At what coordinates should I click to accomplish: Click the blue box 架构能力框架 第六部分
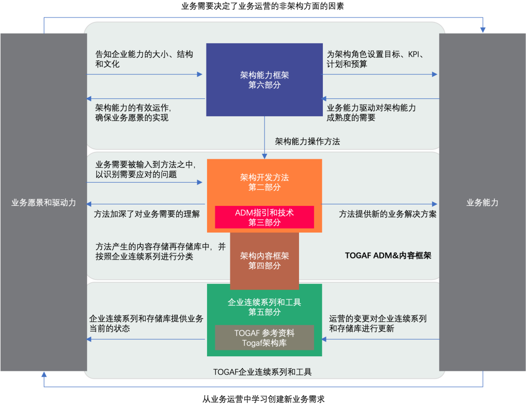[264, 80]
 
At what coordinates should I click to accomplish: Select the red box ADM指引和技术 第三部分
[264, 218]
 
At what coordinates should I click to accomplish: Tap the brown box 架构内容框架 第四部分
[264, 260]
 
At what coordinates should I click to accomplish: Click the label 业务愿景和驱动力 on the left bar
[43, 202]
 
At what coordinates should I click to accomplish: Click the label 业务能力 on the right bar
[482, 202]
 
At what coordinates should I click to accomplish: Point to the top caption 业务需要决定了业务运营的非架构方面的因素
[263, 7]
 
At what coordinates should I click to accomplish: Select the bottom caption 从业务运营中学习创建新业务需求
[263, 399]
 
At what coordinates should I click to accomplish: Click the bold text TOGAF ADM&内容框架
[388, 255]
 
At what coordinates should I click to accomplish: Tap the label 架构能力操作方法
[307, 142]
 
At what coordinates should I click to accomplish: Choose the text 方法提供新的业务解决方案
[388, 214]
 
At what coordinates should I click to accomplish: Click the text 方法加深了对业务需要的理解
[147, 214]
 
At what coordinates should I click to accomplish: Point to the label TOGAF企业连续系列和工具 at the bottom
[263, 372]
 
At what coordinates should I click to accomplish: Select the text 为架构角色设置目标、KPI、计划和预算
[375, 59]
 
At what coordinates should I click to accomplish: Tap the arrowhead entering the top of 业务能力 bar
[483, 30]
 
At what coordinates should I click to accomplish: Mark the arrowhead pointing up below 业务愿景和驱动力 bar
[44, 375]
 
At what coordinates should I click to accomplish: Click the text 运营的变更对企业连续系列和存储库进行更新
[378, 323]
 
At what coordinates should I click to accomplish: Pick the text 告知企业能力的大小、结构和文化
[144, 59]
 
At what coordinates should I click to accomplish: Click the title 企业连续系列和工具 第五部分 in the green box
[264, 307]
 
